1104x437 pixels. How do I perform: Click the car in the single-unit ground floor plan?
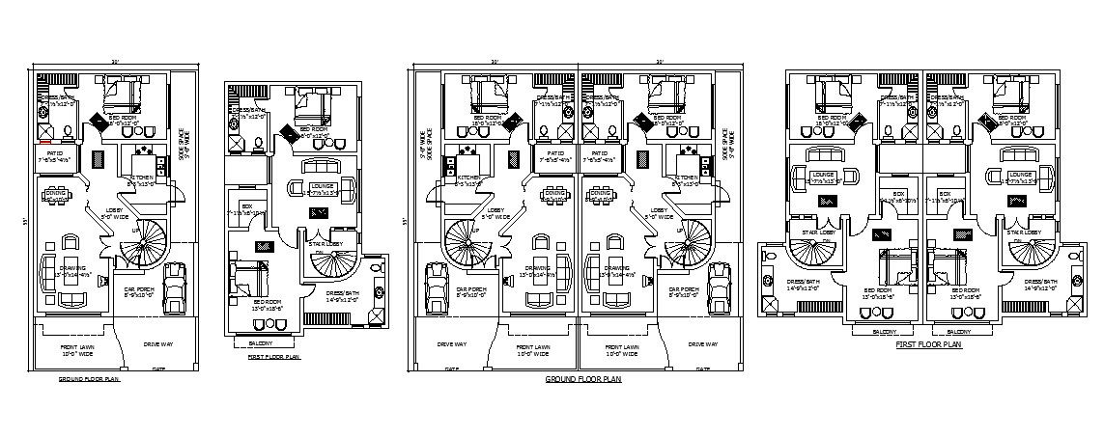(x=174, y=287)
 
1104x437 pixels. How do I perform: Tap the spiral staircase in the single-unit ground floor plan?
(x=141, y=242)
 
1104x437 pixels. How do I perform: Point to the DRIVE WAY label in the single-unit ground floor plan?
(x=158, y=342)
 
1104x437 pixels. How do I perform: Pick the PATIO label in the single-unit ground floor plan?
(x=56, y=155)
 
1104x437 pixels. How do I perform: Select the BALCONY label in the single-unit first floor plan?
(x=260, y=342)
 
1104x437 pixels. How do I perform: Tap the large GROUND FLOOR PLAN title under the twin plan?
(x=583, y=380)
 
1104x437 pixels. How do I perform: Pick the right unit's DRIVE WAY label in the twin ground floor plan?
(x=699, y=342)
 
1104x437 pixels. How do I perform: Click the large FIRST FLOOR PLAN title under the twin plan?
(x=928, y=344)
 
